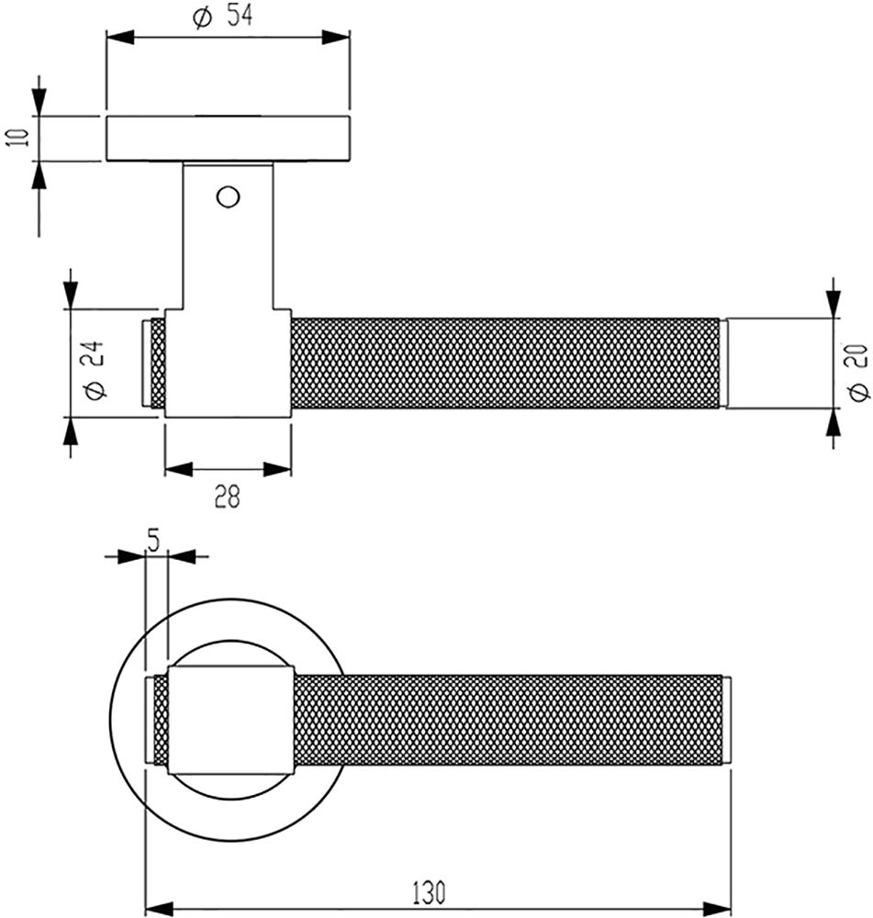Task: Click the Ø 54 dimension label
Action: coord(224,17)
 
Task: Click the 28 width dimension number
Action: coord(227,497)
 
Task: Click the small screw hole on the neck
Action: coord(227,196)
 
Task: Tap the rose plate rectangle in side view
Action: coord(228,139)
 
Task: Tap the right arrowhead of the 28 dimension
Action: coord(280,469)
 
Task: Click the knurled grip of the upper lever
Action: coord(505,364)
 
